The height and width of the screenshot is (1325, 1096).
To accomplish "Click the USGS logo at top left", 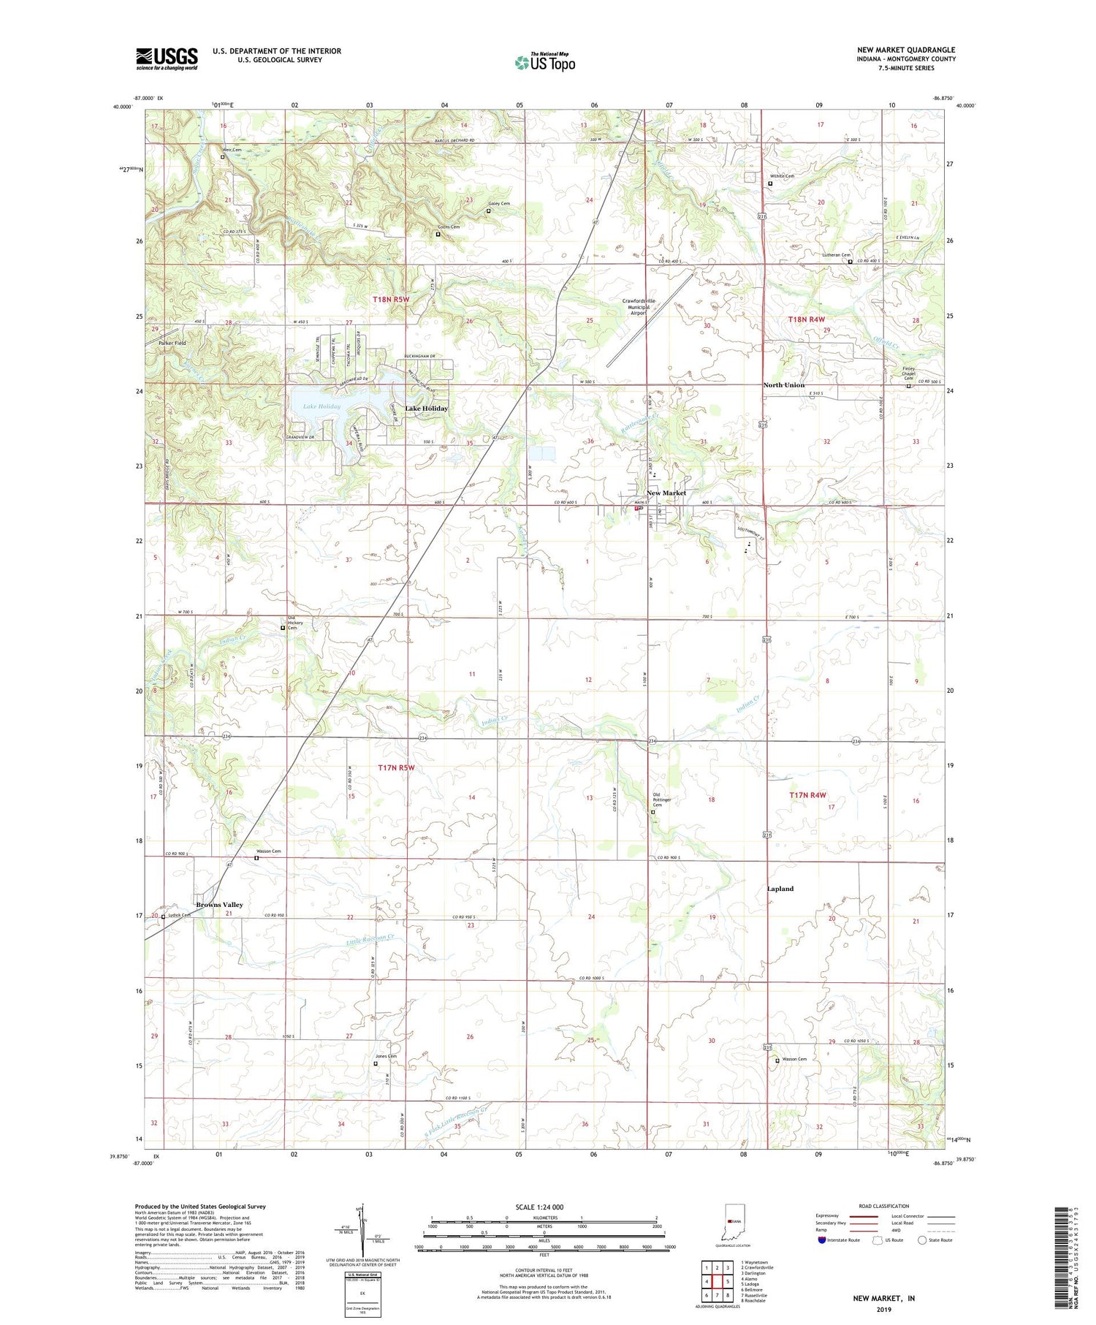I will [167, 58].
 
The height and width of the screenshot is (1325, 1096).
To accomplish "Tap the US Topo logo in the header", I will [544, 62].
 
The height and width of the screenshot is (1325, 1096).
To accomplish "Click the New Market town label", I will [666, 493].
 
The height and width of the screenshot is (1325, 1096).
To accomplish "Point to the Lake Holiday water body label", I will [316, 406].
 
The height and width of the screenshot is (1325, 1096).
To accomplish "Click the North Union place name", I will [783, 384].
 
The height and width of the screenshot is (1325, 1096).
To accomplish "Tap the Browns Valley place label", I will [218, 904].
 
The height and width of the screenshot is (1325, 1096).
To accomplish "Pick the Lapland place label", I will [780, 889].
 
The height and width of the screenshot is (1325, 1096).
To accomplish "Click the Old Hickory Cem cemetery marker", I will [283, 627].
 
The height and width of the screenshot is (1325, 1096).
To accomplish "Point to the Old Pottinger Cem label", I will [662, 800].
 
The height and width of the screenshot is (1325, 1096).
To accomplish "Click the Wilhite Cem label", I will [782, 176].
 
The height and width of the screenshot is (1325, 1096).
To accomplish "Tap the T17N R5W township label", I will [395, 767].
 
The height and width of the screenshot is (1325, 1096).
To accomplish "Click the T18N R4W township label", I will [806, 319].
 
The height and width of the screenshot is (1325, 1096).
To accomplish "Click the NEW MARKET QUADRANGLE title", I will [906, 50].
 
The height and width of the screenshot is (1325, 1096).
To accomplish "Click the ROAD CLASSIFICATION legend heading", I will [883, 1206].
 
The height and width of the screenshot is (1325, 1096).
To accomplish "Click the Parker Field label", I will [172, 343].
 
